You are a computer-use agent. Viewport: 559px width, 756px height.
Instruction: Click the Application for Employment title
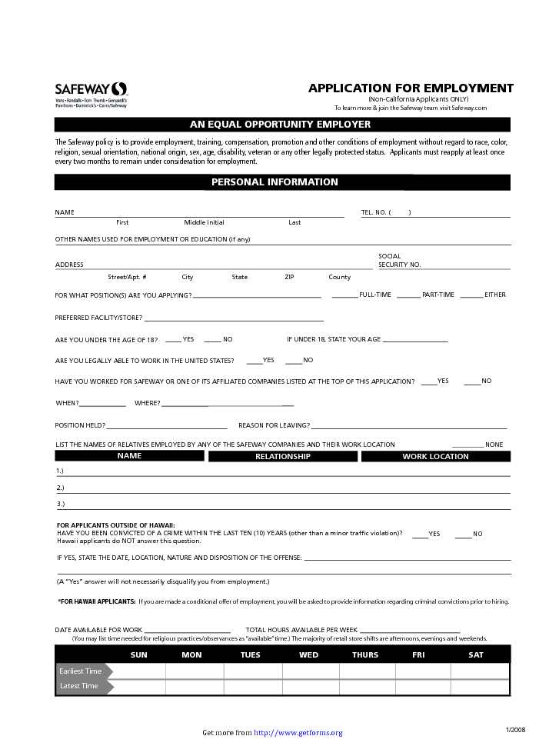(411, 88)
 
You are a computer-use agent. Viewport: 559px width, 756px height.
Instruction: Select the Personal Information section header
(275, 182)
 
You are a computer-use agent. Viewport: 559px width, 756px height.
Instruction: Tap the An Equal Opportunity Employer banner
(280, 125)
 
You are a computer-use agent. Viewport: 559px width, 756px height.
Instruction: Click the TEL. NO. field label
(374, 212)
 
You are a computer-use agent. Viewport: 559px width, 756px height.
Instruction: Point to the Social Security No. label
(399, 261)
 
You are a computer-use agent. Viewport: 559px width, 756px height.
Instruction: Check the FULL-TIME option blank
(344, 295)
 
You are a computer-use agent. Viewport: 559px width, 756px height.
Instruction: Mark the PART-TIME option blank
(408, 295)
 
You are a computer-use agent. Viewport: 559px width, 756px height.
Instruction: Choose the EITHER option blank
(471, 295)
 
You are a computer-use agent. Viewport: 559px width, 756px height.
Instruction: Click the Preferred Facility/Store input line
(234, 318)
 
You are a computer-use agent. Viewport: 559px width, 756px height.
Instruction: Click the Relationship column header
(283, 457)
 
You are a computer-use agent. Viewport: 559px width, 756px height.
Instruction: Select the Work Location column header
(435, 457)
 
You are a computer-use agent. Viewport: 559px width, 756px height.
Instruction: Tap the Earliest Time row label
(80, 671)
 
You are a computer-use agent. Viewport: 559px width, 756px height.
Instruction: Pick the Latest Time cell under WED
(310, 686)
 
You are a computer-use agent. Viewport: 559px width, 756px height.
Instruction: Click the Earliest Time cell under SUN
(139, 671)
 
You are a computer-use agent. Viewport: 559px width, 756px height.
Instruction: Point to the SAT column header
(476, 655)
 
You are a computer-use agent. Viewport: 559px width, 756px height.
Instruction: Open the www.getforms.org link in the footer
(298, 733)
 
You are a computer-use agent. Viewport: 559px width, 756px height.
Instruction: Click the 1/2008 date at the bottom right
(515, 729)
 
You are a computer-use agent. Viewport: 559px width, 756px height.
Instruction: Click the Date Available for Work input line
(187, 630)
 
